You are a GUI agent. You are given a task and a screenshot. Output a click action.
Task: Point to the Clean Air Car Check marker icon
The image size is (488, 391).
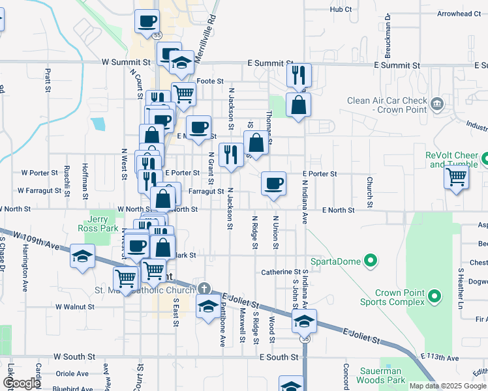tap(436, 103)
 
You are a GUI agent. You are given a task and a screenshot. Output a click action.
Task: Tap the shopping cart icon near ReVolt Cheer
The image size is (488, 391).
tap(456, 176)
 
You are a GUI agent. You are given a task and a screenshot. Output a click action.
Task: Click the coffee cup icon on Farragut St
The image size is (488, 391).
tap(273, 183)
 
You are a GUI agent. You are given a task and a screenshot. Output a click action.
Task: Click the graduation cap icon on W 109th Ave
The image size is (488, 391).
tap(82, 256)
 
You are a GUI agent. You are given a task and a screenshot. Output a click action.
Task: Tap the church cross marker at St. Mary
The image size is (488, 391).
tap(204, 288)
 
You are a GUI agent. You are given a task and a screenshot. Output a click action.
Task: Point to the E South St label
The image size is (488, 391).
tap(279, 357)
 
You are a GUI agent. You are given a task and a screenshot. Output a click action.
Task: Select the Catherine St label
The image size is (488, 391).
tap(280, 272)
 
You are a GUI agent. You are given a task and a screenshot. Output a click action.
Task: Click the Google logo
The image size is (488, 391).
tap(22, 383)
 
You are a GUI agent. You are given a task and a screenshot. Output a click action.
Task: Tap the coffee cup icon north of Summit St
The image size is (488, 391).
tap(147, 21)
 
